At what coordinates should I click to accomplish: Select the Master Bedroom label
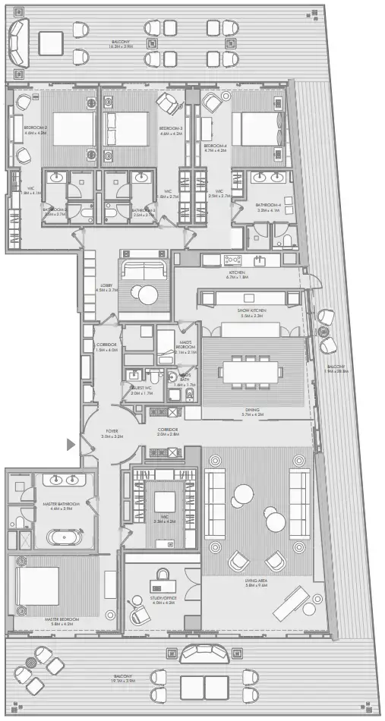tap(62, 619)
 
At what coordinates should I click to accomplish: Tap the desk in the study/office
tap(163, 584)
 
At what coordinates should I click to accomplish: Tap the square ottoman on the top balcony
tap(51, 41)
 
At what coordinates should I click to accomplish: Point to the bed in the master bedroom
tap(39, 587)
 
